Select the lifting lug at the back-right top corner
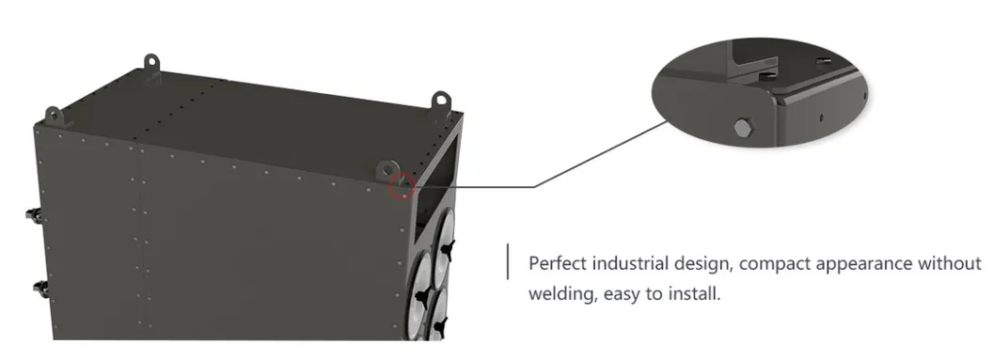pos(440,100)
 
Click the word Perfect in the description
pos(556,263)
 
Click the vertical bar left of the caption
pos(509,261)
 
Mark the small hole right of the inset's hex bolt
pos(821,117)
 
